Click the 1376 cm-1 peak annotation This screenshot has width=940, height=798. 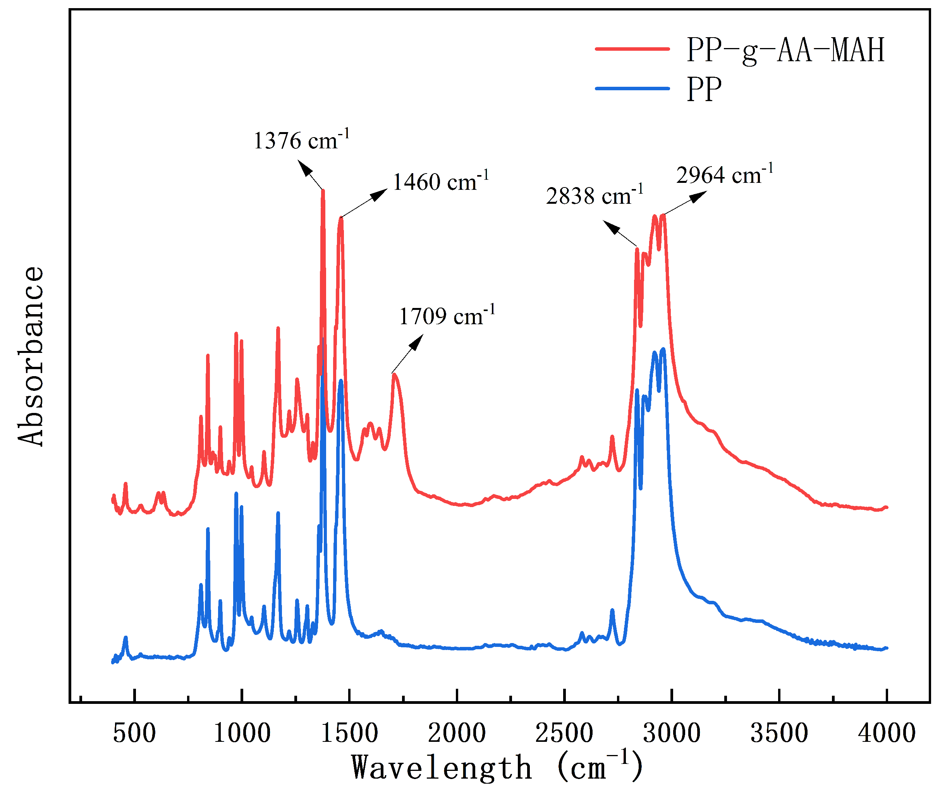(301, 140)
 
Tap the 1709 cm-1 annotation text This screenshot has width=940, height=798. (447, 316)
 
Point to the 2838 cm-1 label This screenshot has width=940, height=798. (594, 196)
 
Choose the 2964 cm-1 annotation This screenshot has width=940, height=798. (724, 175)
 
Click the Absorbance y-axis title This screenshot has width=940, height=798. (31, 356)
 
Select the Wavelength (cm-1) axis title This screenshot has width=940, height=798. (497, 768)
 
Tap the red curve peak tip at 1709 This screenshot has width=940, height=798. (394, 374)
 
